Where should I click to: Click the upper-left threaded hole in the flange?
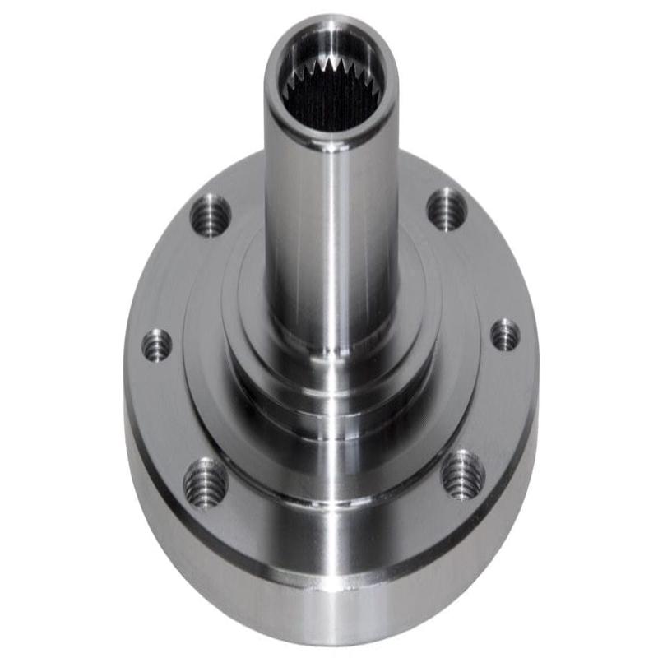pyautogui.click(x=211, y=215)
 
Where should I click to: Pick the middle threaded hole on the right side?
pyautogui.click(x=505, y=335)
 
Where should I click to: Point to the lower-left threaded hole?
pyautogui.click(x=205, y=482)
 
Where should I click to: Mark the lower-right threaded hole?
pyautogui.click(x=463, y=475)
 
